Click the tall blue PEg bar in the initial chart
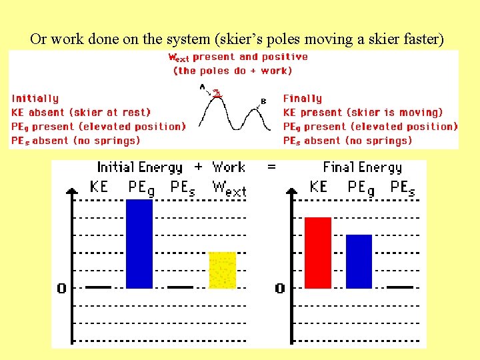click(x=139, y=243)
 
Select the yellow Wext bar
click(x=223, y=270)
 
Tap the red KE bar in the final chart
click(x=318, y=252)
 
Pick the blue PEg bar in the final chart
click(x=359, y=261)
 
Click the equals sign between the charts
click(x=271, y=167)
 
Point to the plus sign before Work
click(x=197, y=167)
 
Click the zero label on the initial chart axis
click(x=61, y=288)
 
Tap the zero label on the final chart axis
click(x=280, y=288)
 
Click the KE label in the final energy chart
click(x=318, y=187)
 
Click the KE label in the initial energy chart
click(x=99, y=187)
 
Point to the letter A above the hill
click(x=202, y=86)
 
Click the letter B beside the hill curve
click(x=263, y=101)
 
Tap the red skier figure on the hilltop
click(x=217, y=94)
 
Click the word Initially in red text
click(x=35, y=99)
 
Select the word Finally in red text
click(x=302, y=99)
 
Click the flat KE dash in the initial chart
click(x=99, y=287)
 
